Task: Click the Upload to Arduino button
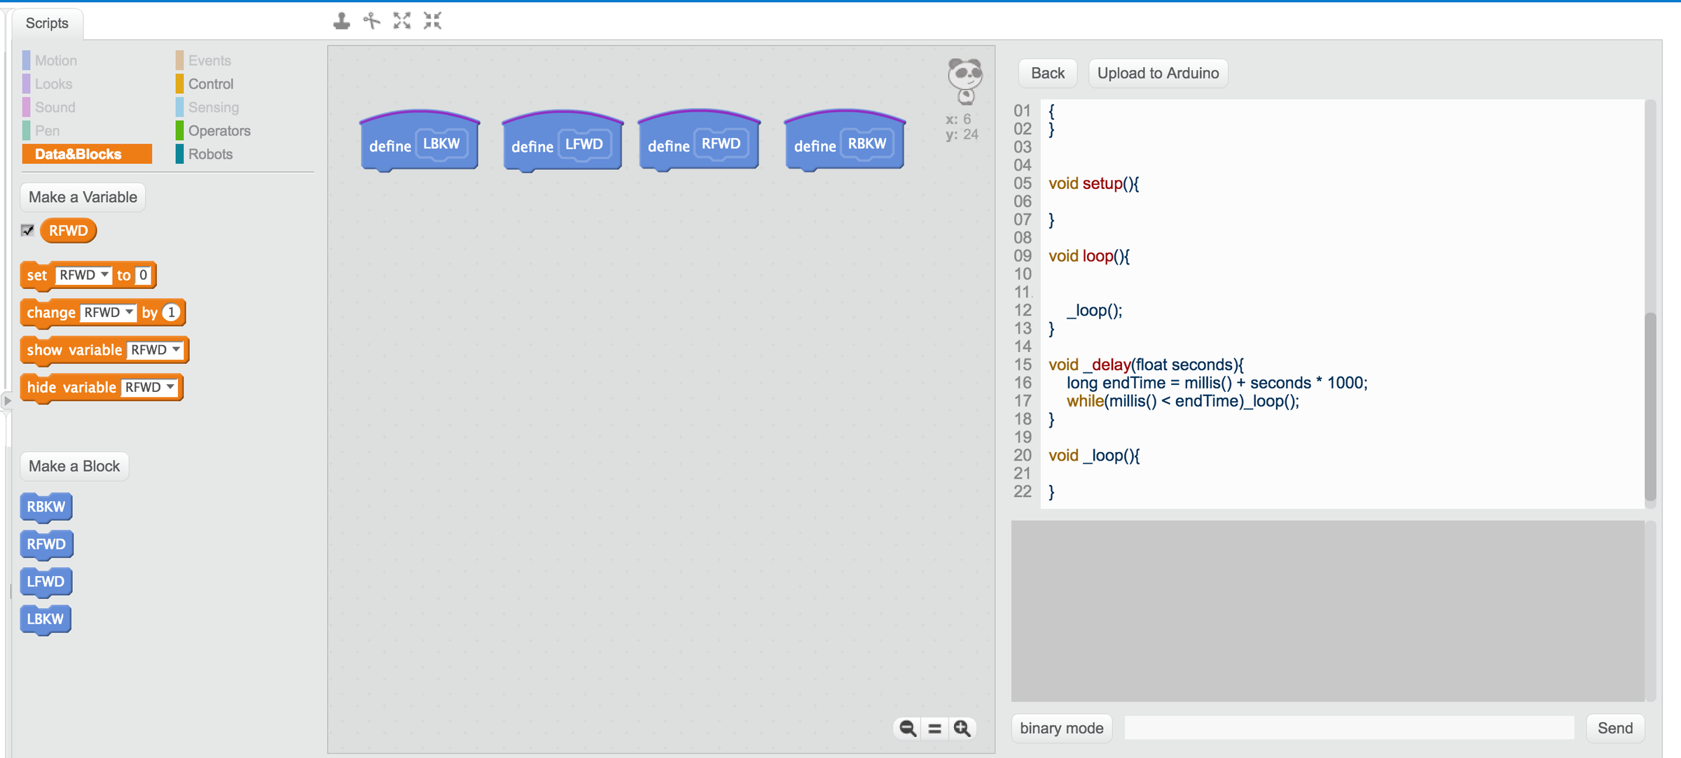pos(1157,73)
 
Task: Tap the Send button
pos(1614,728)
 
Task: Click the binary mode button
pos(1061,728)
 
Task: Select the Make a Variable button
pos(83,197)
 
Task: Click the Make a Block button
pos(74,466)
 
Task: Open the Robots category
pos(209,154)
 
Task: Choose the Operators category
pos(219,131)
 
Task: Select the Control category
pos(210,84)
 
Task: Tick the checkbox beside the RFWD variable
pos(28,230)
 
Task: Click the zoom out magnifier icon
pos(907,729)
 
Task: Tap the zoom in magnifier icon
pos(962,729)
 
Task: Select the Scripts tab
pos(47,23)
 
